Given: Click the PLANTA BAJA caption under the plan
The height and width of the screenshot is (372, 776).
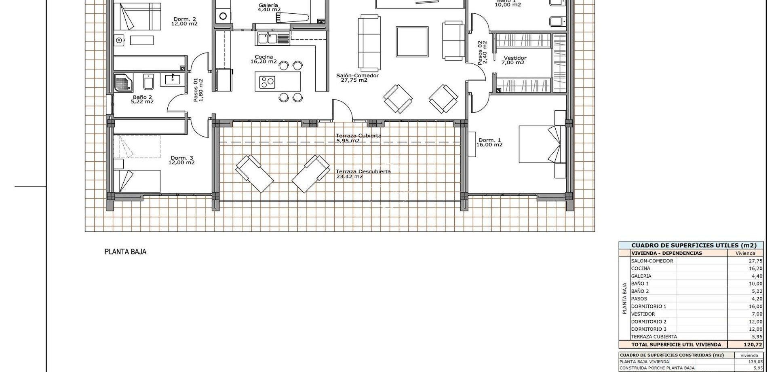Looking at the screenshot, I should (x=125, y=252).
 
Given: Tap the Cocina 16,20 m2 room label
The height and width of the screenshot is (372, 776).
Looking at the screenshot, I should (x=264, y=59).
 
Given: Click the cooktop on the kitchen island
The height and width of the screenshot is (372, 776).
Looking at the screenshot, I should (x=268, y=82).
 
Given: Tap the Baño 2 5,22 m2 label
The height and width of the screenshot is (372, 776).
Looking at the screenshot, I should (x=142, y=99).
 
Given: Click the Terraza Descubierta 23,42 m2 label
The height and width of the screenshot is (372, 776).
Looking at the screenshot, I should (x=363, y=174).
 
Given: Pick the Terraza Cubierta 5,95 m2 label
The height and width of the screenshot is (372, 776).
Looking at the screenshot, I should (x=358, y=138).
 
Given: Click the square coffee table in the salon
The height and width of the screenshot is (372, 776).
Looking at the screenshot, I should (x=412, y=42).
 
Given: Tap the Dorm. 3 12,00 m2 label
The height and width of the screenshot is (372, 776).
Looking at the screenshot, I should (x=181, y=160).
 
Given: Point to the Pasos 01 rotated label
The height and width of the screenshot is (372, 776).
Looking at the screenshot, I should (x=198, y=90).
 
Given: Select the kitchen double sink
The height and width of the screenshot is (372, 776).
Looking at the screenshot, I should (x=268, y=39).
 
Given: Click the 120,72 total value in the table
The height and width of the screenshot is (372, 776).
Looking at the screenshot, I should (x=753, y=345).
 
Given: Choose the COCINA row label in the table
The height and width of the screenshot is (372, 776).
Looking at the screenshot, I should (x=641, y=268).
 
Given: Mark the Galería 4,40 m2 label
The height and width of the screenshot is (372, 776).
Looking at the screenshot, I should (x=269, y=7).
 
